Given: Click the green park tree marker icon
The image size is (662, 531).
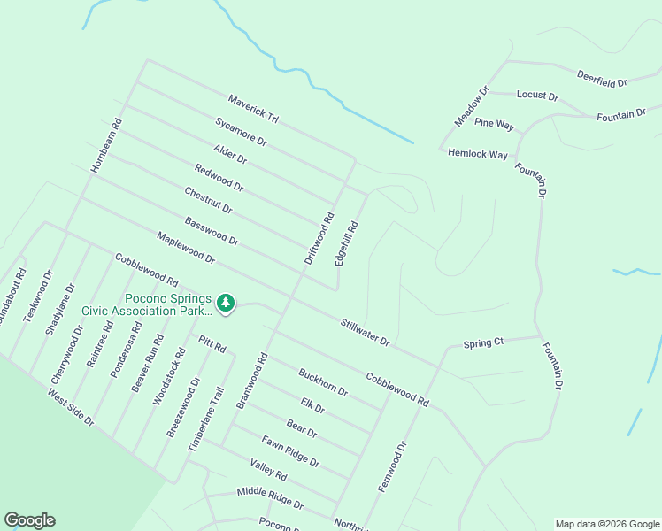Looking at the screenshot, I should tap(226, 304).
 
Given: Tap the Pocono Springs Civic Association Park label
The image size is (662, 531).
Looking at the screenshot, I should tap(147, 304).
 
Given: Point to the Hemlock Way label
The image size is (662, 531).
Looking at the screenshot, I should tap(478, 153).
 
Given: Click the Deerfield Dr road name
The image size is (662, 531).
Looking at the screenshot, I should tap(602, 78).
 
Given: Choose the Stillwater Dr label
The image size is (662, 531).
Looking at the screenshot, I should tap(366, 332).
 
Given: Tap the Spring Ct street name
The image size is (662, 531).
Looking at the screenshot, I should tap(483, 342).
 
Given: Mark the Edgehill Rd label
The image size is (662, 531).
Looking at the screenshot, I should tap(347, 243).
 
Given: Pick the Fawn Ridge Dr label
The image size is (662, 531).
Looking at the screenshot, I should tap(290, 451).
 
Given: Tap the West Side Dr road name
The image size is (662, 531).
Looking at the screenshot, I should tap(71, 407).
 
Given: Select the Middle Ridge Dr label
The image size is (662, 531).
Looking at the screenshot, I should tap(270, 498).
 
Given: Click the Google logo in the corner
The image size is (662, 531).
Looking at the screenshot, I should tap(29, 520).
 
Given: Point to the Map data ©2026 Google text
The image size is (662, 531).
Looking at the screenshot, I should tap(606, 524).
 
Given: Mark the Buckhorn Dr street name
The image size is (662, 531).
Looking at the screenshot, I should tap(323, 381).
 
